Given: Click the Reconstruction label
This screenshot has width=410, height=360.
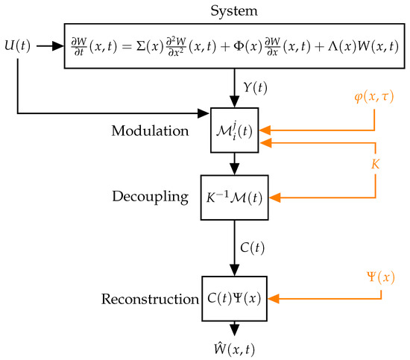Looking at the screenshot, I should point(148,300).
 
